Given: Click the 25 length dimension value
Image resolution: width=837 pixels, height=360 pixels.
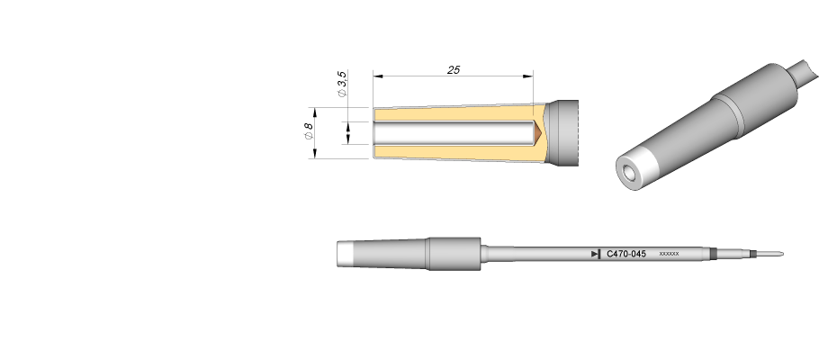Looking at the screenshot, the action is [x=454, y=70].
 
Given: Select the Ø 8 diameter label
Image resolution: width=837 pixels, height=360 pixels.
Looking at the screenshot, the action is [x=308, y=131].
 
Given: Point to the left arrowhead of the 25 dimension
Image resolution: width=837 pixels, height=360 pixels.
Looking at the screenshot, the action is [x=378, y=76].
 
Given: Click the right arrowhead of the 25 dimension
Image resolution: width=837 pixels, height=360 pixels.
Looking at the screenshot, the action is [x=528, y=76].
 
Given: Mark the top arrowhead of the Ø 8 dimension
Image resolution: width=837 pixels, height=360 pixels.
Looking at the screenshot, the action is [x=315, y=112].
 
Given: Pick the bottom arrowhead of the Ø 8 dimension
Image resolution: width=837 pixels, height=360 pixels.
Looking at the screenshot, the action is [x=315, y=153].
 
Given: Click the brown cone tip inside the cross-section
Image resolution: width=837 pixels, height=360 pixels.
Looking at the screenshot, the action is [x=538, y=132].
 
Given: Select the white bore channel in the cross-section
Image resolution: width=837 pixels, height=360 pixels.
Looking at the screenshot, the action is [x=454, y=132].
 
